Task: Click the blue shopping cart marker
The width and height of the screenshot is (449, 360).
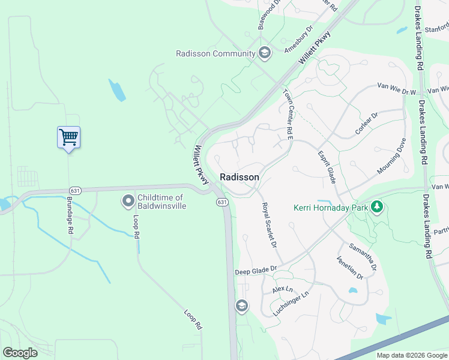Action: click(68, 137)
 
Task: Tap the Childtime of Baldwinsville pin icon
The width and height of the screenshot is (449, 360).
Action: click(127, 201)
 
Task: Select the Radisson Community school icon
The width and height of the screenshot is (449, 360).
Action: click(264, 53)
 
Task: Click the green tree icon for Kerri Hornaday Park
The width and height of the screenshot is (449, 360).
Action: click(376, 208)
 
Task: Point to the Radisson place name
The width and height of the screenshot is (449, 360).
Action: click(240, 177)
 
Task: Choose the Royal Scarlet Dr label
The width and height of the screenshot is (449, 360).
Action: click(269, 225)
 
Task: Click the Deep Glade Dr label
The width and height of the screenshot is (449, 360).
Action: click(256, 271)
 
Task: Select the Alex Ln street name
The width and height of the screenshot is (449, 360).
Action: click(282, 289)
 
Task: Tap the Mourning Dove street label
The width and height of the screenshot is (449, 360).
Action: click(392, 155)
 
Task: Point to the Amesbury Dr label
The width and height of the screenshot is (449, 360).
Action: click(299, 40)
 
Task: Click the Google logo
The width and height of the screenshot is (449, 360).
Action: click(20, 353)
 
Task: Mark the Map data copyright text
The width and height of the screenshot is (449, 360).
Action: click(411, 355)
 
